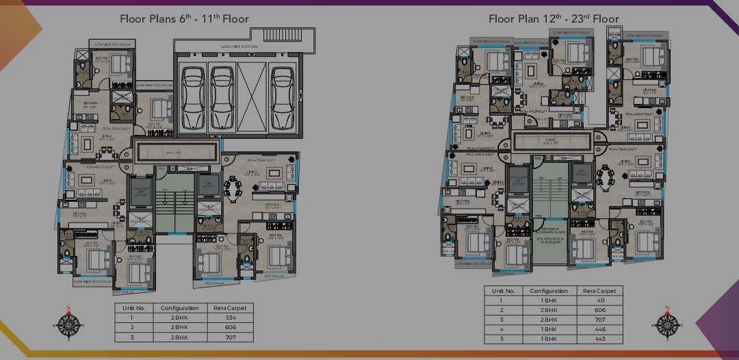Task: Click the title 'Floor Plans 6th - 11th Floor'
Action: pyautogui.click(x=184, y=18)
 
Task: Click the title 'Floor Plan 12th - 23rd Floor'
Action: pyautogui.click(x=554, y=18)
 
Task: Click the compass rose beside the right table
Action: pyautogui.click(x=666, y=323)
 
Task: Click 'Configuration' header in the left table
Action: pyautogui.click(x=179, y=308)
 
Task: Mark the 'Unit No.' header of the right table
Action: pyautogui.click(x=503, y=291)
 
